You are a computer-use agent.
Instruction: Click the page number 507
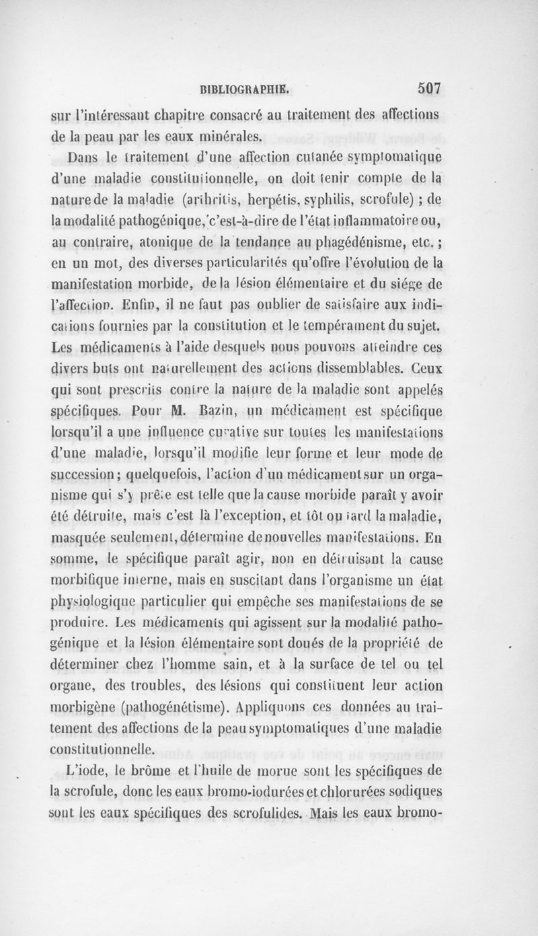[x=428, y=87]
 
